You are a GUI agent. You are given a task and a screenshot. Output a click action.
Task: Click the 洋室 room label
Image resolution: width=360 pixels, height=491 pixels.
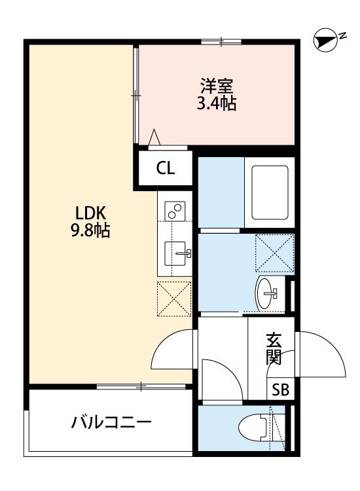[217, 86]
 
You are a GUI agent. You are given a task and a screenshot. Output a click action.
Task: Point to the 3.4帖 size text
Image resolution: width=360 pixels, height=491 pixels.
[217, 103]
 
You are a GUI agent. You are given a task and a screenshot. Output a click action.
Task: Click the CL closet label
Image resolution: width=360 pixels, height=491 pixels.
[166, 168]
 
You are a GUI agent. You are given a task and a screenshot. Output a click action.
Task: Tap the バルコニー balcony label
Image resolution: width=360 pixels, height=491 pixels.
[111, 422]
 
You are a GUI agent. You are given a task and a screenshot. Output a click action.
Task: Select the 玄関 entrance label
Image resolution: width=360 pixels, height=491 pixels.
[274, 349]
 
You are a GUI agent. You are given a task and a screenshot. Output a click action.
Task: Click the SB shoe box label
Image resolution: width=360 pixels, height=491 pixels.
[280, 390]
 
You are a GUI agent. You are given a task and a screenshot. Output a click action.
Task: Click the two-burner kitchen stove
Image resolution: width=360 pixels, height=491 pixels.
[175, 211]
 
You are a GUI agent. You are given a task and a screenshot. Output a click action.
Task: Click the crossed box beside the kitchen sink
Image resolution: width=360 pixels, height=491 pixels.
[174, 299]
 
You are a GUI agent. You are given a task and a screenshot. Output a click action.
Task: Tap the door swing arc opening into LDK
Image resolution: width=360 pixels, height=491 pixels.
[173, 350]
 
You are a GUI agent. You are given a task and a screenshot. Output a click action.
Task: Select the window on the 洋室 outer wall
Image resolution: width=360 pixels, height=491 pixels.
[221, 43]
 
